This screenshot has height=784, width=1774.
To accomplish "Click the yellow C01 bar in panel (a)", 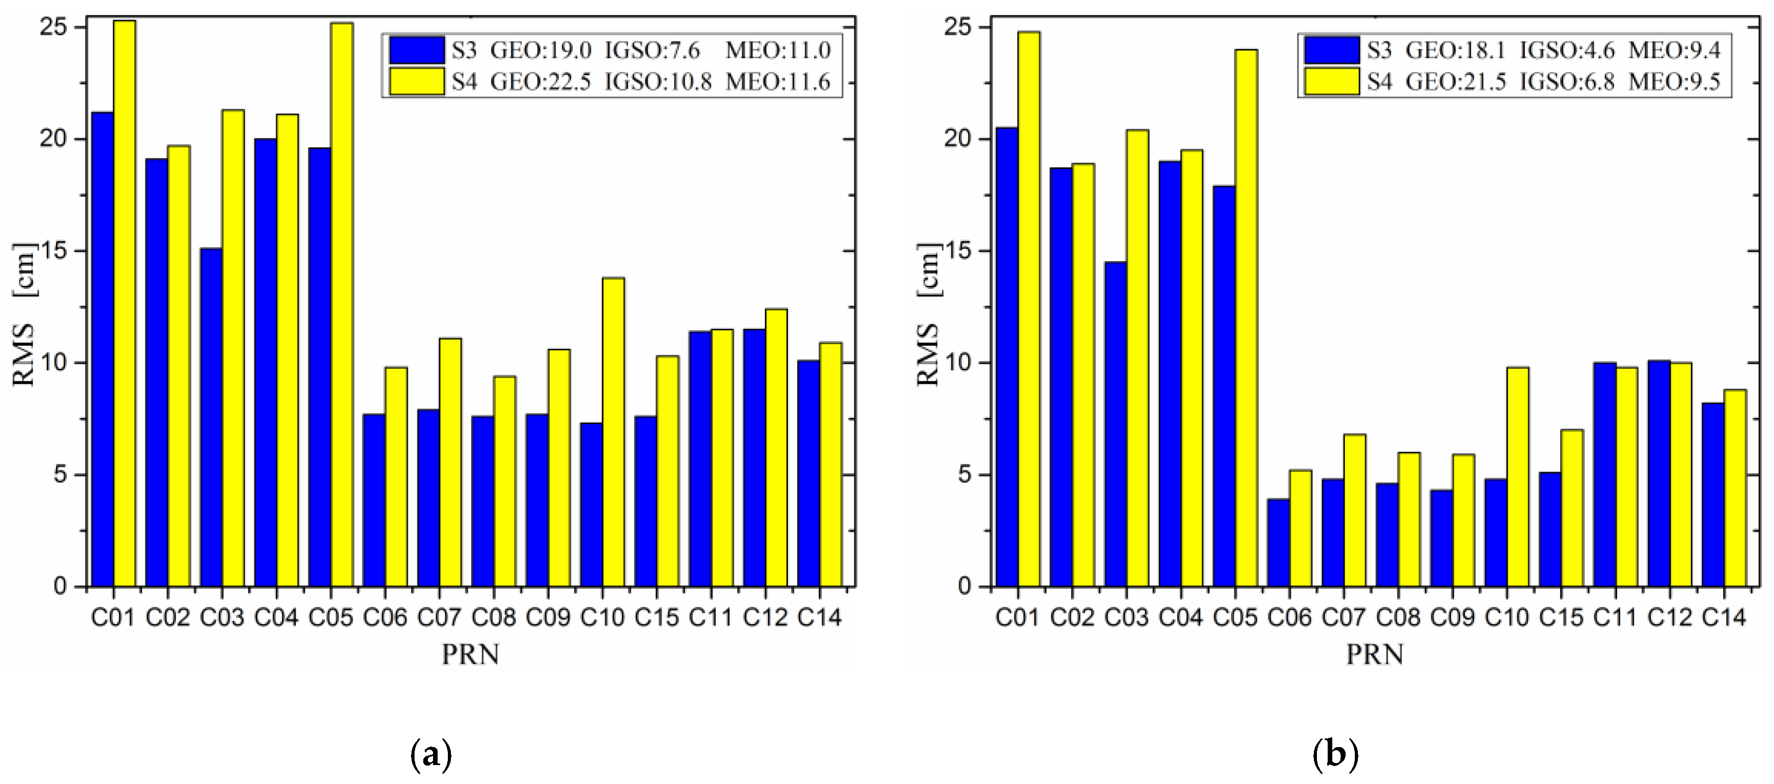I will click(125, 303).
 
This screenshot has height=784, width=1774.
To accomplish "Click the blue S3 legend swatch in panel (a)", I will click(417, 50).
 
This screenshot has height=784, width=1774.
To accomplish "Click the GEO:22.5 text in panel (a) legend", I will click(541, 82).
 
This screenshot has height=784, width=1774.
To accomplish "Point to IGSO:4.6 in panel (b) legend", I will click(1566, 50).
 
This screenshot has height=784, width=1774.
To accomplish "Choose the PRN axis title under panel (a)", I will click(470, 654).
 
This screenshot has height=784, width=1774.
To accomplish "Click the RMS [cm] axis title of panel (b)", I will click(927, 314).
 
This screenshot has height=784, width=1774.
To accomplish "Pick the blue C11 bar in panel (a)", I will click(700, 458).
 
